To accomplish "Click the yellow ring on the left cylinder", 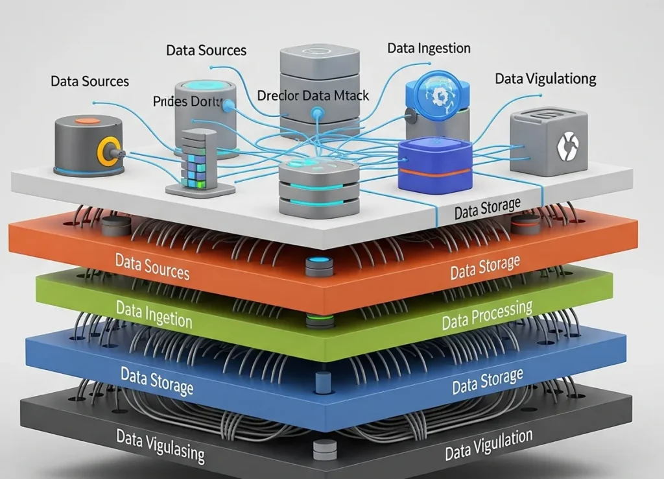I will coord(106,152).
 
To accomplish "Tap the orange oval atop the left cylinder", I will coord(88,121).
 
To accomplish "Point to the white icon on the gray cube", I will coord(565,146).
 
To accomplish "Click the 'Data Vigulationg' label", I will coord(545,79).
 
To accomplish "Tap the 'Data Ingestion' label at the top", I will coord(429,49).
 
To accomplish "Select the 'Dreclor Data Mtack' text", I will coord(313,95).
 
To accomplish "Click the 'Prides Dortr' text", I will coord(188,102).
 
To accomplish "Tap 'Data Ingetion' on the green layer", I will coord(154,313).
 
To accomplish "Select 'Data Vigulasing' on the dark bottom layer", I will coord(160,445).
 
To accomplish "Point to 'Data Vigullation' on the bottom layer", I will coord(488,445).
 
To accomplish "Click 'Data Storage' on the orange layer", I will coord(485,267).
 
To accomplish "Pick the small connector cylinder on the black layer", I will coord(324,448).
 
